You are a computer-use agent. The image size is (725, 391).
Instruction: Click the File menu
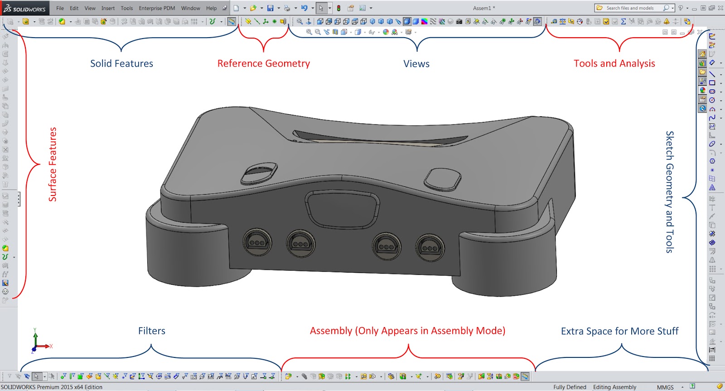click(60, 8)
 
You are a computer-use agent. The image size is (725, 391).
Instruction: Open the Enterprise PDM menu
click(157, 8)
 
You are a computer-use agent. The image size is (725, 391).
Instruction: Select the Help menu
click(211, 8)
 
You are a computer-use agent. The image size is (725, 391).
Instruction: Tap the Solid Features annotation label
click(121, 63)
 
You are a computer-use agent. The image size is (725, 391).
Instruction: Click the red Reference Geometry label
click(263, 63)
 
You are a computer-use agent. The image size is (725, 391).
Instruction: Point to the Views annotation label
click(416, 64)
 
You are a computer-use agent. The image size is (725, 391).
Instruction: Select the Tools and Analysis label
click(614, 63)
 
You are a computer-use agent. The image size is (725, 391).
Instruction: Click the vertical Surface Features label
click(53, 164)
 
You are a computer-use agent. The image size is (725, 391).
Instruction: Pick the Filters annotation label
click(151, 331)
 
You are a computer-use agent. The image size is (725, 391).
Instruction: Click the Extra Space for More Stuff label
click(619, 331)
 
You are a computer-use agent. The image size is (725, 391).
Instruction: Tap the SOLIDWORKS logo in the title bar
click(25, 9)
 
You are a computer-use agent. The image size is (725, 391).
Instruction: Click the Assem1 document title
click(484, 8)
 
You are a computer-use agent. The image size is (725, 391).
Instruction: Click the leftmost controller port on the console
click(257, 242)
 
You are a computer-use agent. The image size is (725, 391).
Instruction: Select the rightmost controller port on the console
click(430, 248)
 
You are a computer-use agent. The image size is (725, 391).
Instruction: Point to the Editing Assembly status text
click(614, 387)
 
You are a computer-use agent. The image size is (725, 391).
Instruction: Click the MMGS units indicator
click(665, 387)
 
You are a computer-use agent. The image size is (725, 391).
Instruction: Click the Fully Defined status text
click(570, 387)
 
